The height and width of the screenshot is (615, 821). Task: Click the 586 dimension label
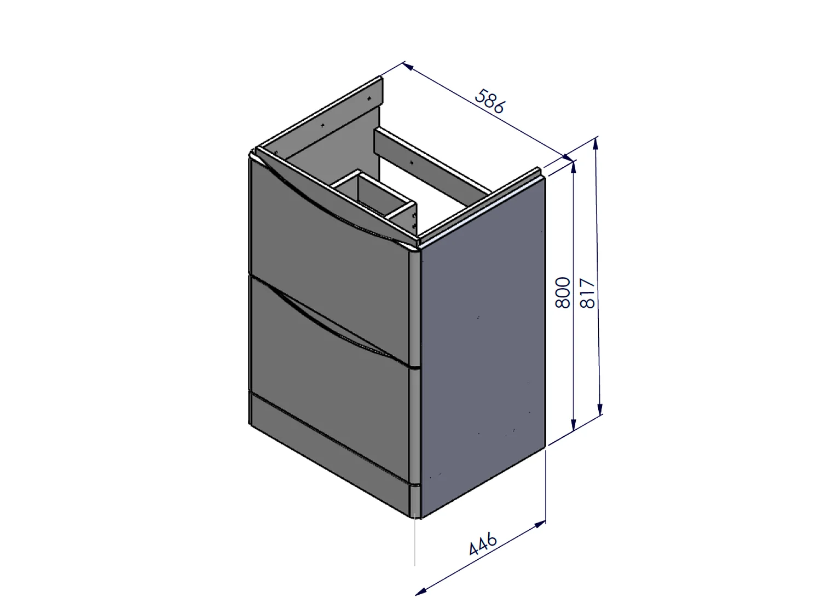[490, 101]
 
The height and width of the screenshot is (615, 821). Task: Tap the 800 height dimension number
[563, 293]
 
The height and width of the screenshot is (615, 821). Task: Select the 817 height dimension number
[587, 293]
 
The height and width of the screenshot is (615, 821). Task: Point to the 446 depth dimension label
[483, 544]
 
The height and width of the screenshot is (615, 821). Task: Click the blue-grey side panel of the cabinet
[483, 347]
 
